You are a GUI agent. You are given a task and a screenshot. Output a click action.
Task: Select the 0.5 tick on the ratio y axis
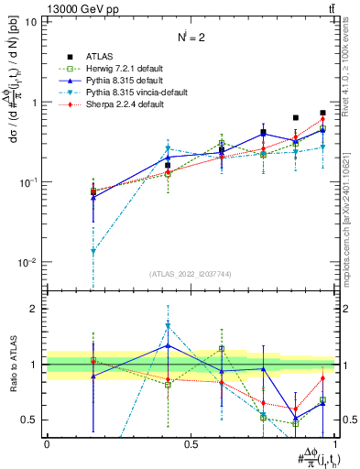pos(33,420)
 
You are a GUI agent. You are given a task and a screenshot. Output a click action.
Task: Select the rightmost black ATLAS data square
pos(322,113)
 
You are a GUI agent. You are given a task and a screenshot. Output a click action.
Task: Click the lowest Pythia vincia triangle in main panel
pos(93,251)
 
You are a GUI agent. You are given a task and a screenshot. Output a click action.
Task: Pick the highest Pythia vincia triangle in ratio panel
pos(168,326)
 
